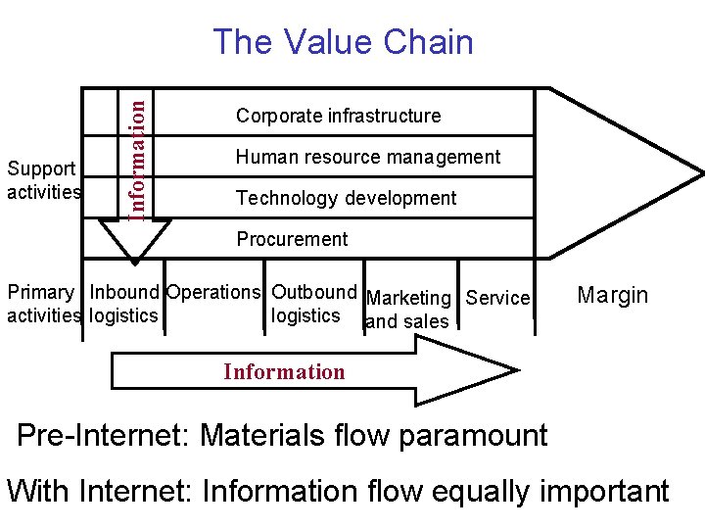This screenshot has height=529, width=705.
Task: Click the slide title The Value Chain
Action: [x=343, y=42]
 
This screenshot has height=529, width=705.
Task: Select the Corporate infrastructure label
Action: [x=338, y=116]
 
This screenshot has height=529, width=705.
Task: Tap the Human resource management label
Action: [x=367, y=157]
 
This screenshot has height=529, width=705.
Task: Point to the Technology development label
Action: [x=346, y=198]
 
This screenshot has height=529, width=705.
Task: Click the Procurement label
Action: [x=292, y=239]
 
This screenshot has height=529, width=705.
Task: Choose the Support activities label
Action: [x=43, y=179]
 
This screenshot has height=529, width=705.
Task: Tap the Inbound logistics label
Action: [x=123, y=304]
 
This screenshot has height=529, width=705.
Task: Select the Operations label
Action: [x=213, y=292]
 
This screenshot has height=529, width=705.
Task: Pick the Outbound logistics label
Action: [x=312, y=304]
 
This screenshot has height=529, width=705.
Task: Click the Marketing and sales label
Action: [x=407, y=310]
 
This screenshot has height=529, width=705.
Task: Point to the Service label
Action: [x=497, y=298]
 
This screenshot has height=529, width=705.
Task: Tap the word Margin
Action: [x=613, y=295]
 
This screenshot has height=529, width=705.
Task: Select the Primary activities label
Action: [x=42, y=304]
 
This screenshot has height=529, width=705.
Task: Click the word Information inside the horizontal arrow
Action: [x=284, y=371]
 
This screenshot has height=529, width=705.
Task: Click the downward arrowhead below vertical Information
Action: [x=134, y=245]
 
